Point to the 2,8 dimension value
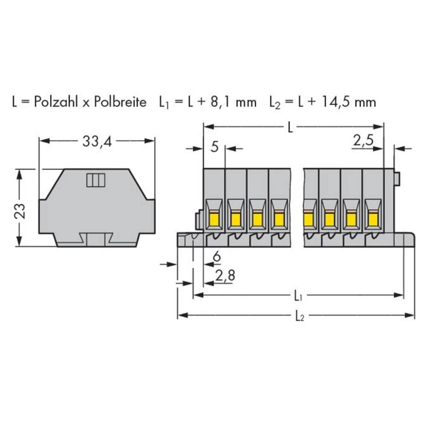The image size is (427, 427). pos(225,277)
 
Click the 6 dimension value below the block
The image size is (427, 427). pos(216,257)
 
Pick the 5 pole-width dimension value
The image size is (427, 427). pos(214,148)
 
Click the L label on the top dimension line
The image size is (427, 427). pos(290,127)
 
